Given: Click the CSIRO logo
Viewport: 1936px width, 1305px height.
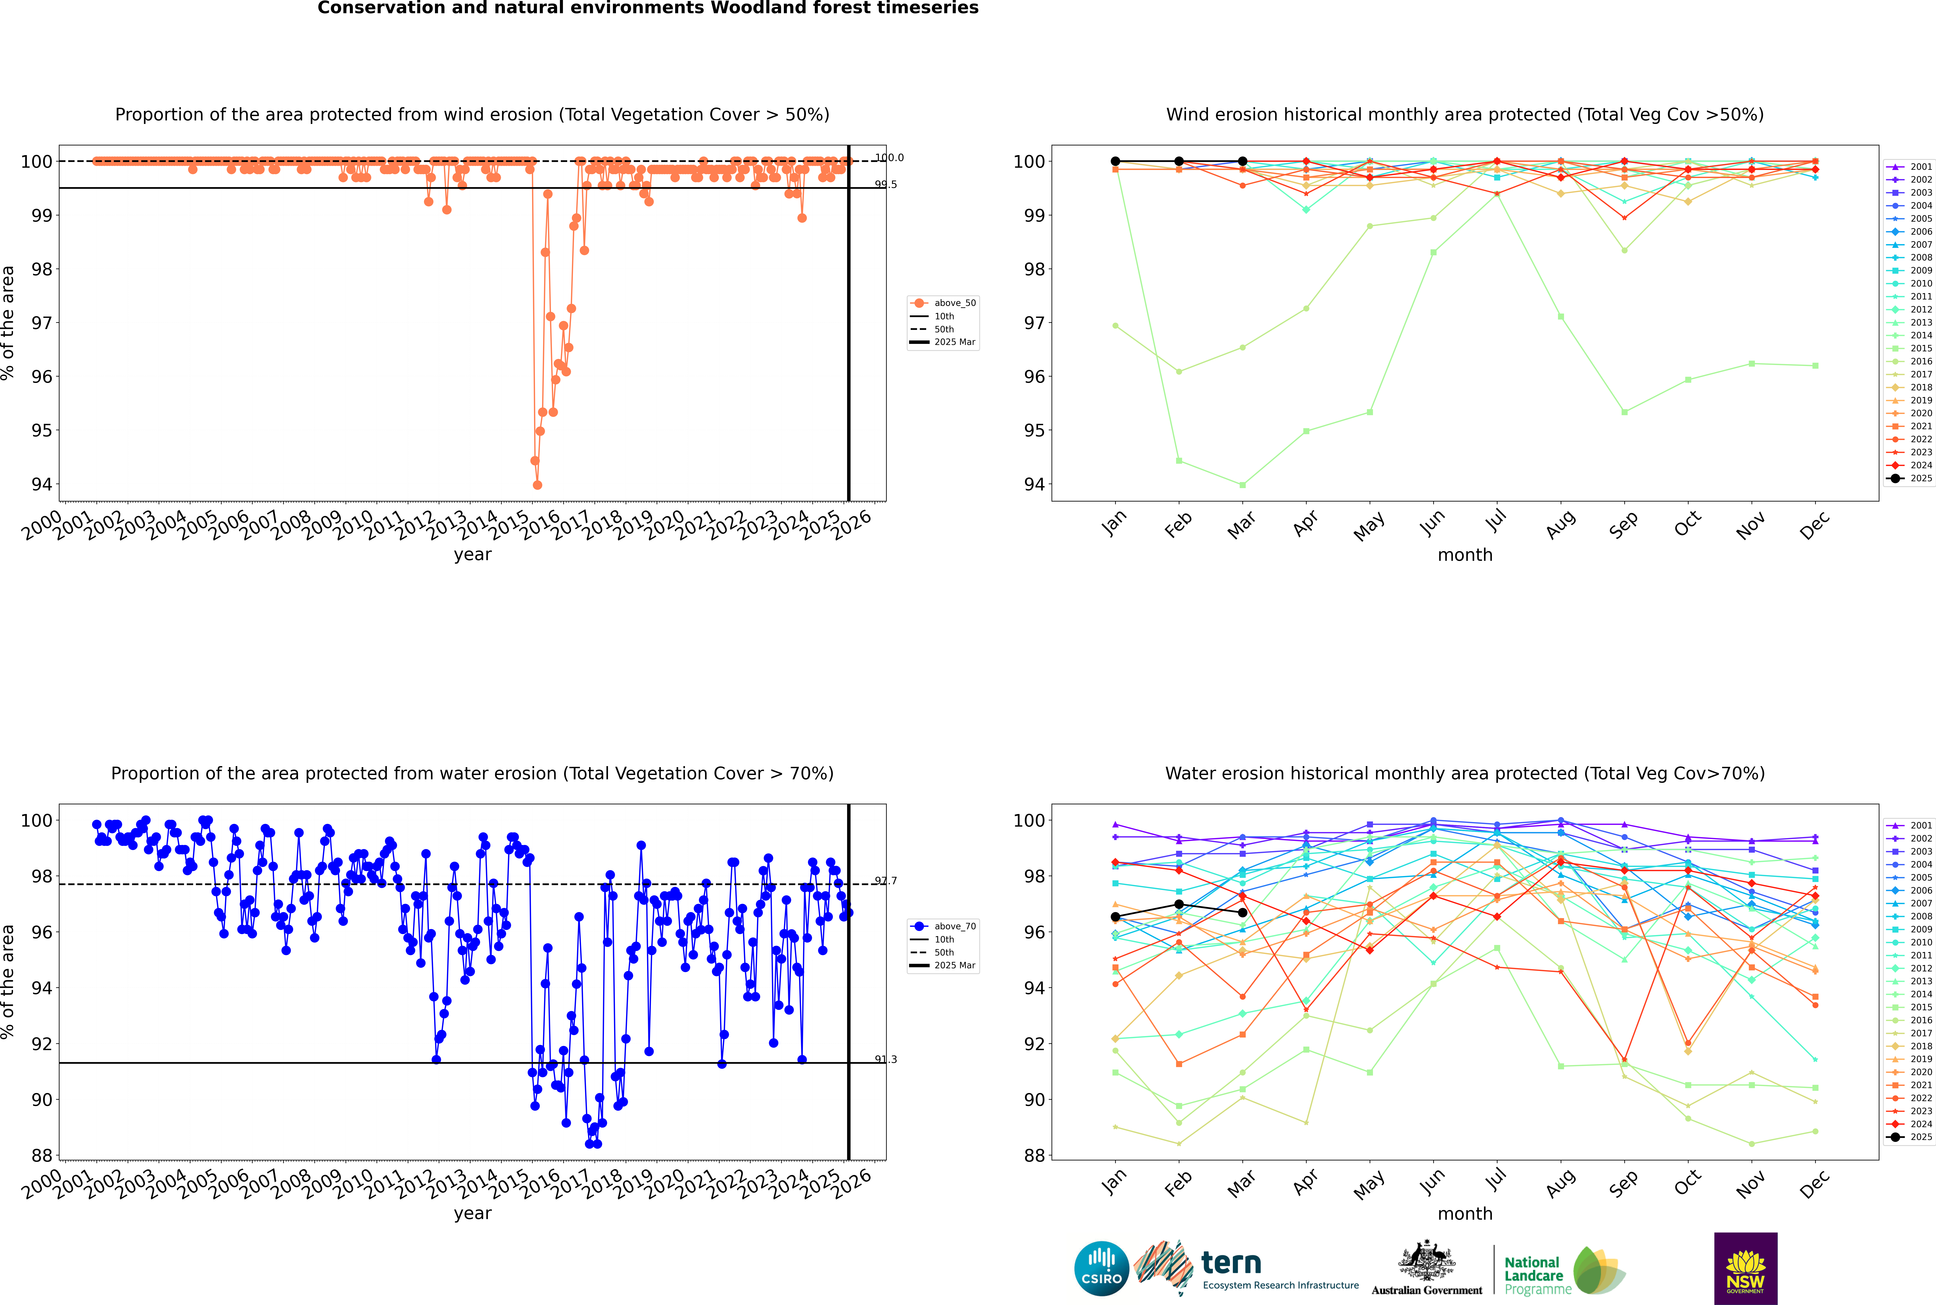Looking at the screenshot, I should (x=1101, y=1268).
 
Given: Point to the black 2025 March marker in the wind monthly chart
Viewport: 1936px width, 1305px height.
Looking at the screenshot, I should (x=1243, y=162).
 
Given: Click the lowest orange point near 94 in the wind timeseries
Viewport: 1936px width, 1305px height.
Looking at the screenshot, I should (x=538, y=484).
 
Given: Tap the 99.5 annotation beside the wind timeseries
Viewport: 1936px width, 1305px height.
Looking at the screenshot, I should (x=886, y=185).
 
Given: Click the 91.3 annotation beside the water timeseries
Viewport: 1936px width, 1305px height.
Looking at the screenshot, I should (x=886, y=1059).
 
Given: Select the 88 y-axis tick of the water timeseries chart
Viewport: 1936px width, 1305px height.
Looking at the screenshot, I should (x=42, y=1155).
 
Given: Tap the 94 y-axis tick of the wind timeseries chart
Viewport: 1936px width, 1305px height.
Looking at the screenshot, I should (x=42, y=484).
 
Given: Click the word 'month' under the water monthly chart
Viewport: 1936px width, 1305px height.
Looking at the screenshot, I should (x=1465, y=1213).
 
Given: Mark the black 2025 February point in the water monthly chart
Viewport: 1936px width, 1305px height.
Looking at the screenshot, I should (x=1179, y=904).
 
